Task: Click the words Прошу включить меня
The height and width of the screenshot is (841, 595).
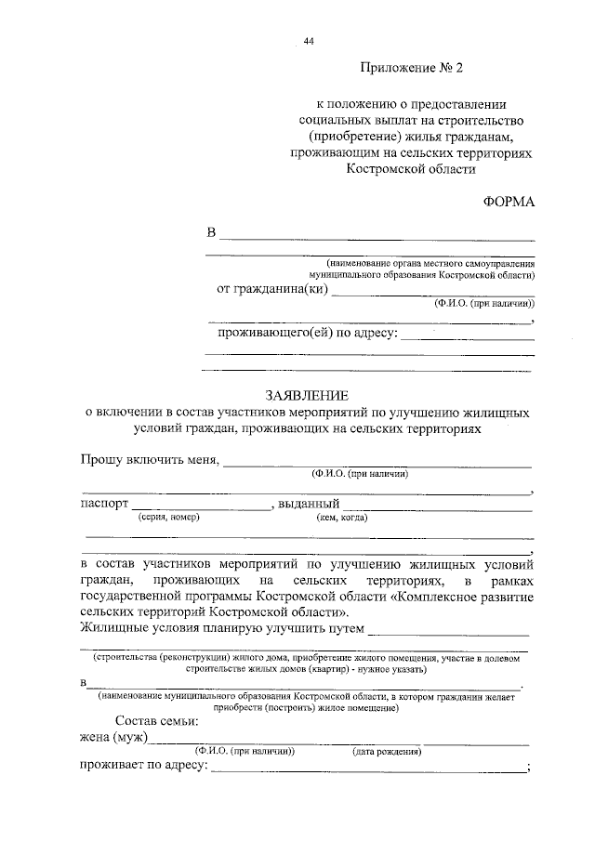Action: [x=149, y=460]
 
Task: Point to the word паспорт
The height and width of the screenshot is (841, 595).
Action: [x=104, y=504]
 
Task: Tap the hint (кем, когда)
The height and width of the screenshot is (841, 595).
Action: [x=342, y=518]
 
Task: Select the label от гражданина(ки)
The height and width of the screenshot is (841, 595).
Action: [x=272, y=289]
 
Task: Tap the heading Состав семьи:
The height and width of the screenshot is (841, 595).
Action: [x=157, y=721]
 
